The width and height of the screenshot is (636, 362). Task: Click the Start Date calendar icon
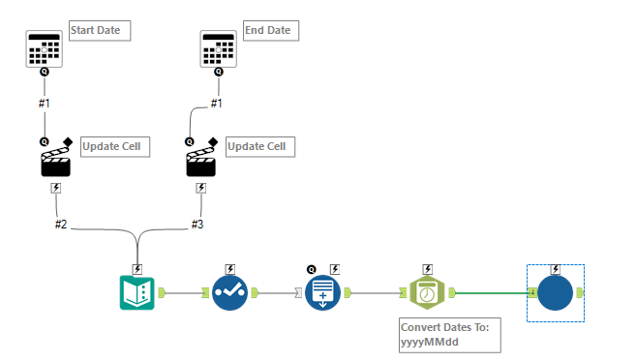point(44,47)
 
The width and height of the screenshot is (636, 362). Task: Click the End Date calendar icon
point(218,47)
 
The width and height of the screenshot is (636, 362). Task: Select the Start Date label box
point(99,31)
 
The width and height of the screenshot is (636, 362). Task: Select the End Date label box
point(270,31)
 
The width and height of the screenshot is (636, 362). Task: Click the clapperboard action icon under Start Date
point(55,163)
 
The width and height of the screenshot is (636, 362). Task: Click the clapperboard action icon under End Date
point(201,163)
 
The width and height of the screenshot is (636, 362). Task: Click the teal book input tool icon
point(137,292)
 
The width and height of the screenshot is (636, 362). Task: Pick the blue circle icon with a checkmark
point(229,292)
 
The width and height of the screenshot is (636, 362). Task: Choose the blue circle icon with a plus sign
point(323,292)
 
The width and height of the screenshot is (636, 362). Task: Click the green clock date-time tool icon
point(426,292)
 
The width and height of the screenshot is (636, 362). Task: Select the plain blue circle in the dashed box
point(556,292)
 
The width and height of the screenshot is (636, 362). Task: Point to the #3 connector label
point(197,224)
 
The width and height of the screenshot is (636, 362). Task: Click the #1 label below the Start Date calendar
point(44,103)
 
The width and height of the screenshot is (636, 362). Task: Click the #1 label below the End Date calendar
point(217,103)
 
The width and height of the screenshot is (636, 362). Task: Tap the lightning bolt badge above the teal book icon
point(137,268)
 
